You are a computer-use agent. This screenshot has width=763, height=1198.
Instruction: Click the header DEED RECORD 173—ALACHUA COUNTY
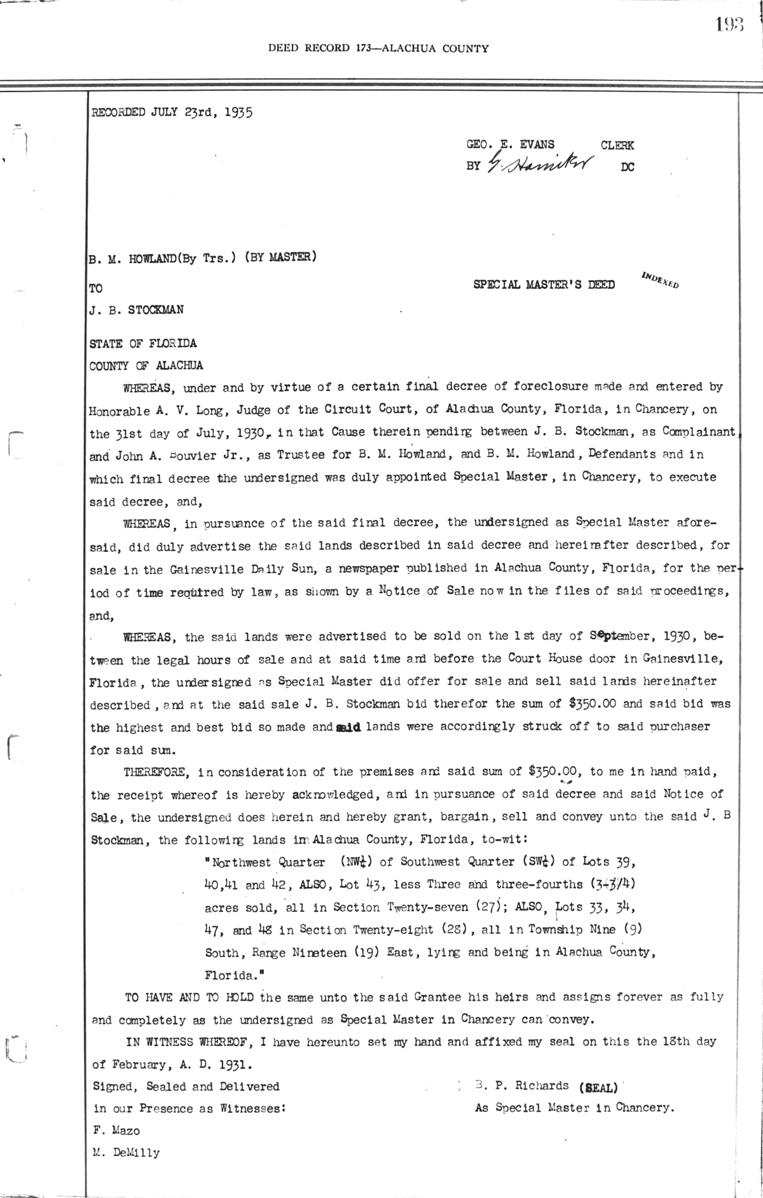[378, 48]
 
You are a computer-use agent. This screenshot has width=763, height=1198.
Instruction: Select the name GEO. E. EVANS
[510, 145]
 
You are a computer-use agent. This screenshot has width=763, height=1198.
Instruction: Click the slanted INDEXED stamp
[660, 280]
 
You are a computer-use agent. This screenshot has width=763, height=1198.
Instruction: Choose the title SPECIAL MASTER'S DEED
[544, 285]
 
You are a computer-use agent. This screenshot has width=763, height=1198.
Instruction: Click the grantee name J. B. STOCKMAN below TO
[137, 310]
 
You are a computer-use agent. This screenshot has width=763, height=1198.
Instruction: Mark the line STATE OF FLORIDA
[143, 343]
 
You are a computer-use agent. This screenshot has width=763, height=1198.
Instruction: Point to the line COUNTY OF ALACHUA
[146, 366]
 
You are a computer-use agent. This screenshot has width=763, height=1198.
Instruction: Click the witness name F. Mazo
[115, 1130]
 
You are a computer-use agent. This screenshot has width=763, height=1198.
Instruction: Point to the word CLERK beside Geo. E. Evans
[617, 145]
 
